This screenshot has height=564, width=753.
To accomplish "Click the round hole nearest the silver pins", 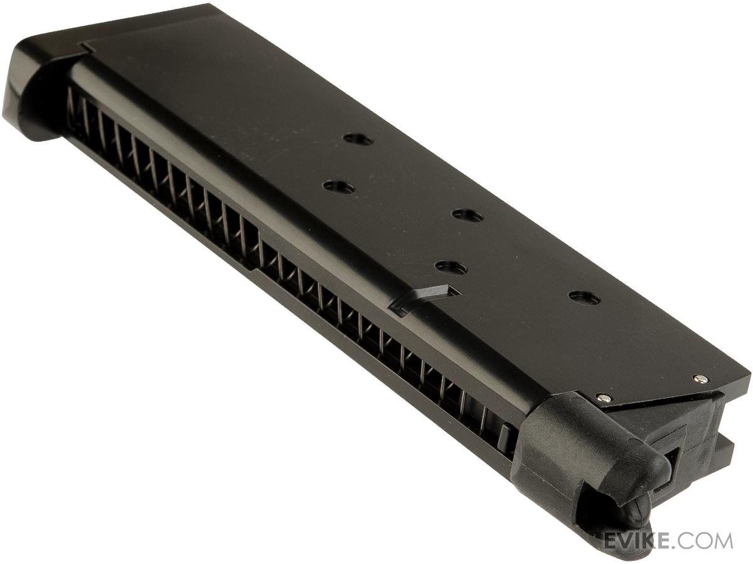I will click(584, 298).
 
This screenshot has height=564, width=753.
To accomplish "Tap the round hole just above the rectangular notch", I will click(451, 268).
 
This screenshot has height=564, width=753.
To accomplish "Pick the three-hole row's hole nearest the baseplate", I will click(358, 139).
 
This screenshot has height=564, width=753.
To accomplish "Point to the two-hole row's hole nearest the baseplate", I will click(338, 187).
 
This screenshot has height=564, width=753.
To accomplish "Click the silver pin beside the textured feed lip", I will click(603, 398).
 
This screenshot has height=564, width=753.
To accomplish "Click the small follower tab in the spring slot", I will click(503, 437).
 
